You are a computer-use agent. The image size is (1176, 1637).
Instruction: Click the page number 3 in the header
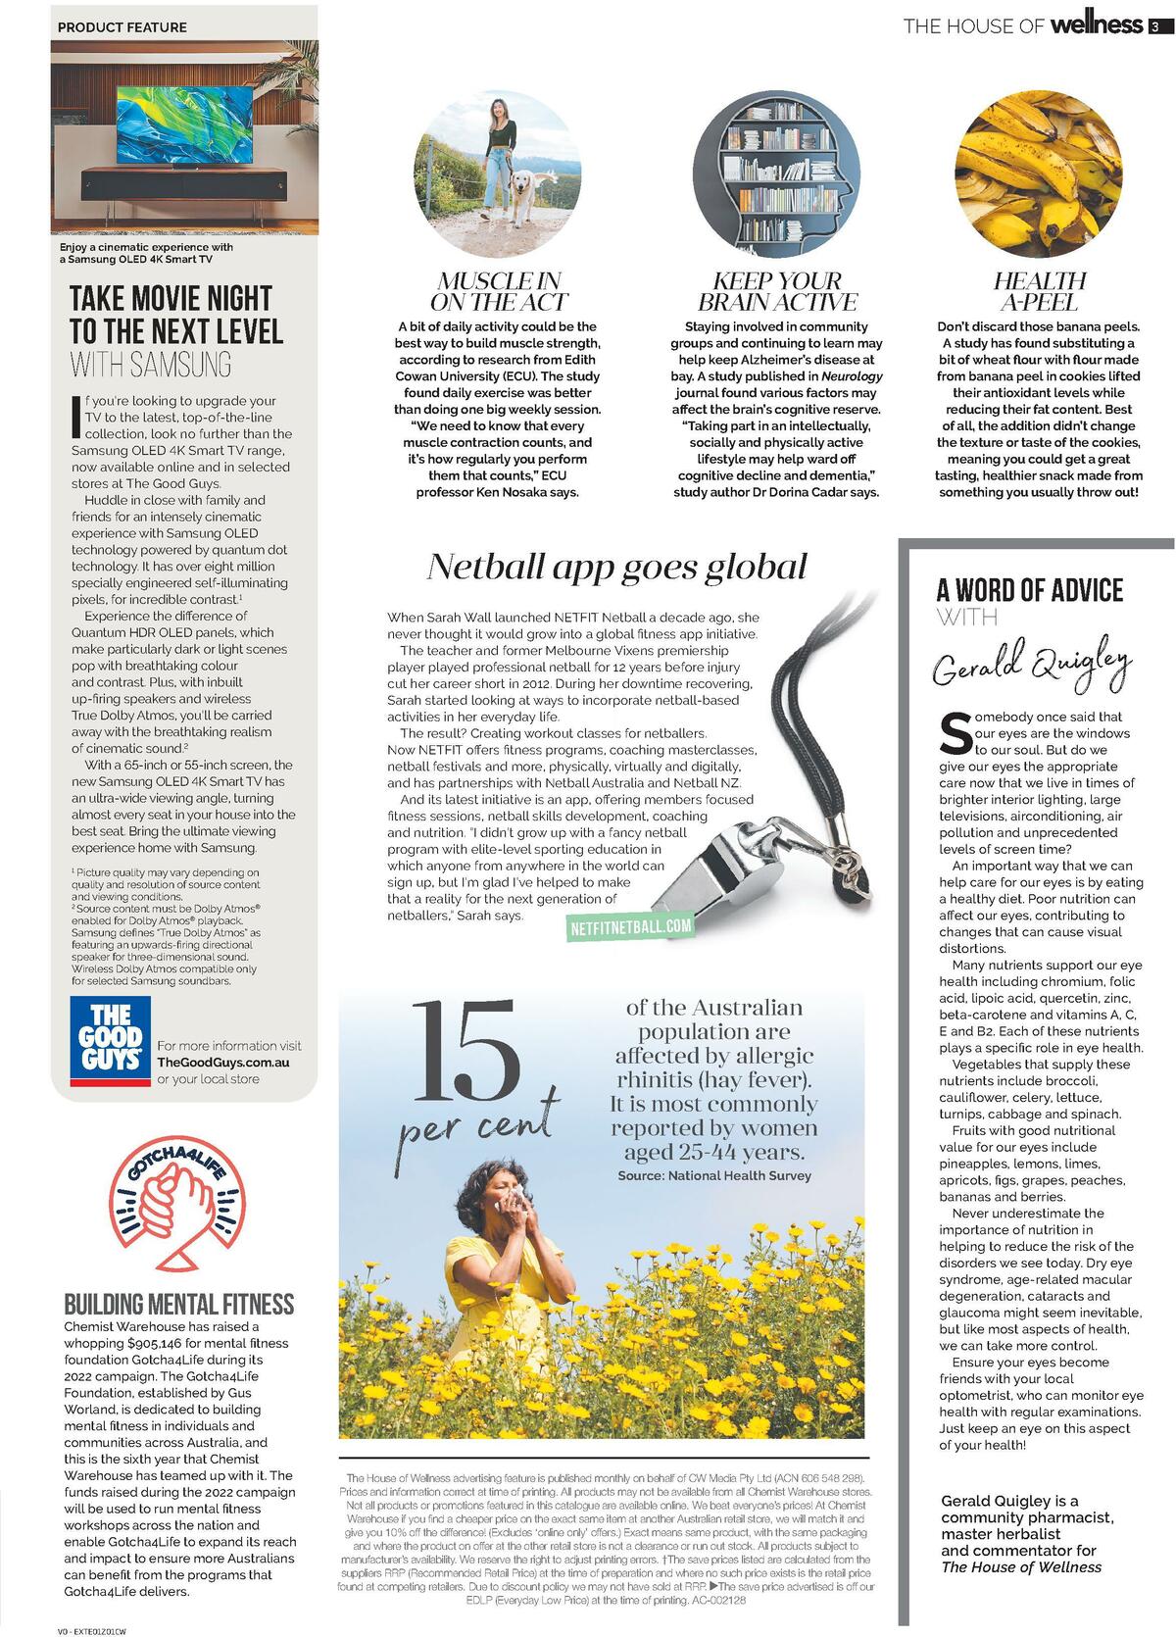tap(1155, 26)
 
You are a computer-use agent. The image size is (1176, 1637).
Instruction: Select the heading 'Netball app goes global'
tap(617, 568)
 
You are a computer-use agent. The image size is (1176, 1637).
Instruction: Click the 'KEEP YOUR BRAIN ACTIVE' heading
tap(776, 292)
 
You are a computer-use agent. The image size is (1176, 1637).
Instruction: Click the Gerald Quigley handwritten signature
tap(1031, 663)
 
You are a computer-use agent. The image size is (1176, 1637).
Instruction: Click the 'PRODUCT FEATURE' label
tap(122, 27)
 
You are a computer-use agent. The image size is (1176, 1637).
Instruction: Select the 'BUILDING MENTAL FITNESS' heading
tap(179, 1304)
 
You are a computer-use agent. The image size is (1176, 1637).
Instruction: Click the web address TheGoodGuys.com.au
tap(222, 1063)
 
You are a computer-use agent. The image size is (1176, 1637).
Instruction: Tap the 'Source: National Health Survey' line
tap(714, 1175)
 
